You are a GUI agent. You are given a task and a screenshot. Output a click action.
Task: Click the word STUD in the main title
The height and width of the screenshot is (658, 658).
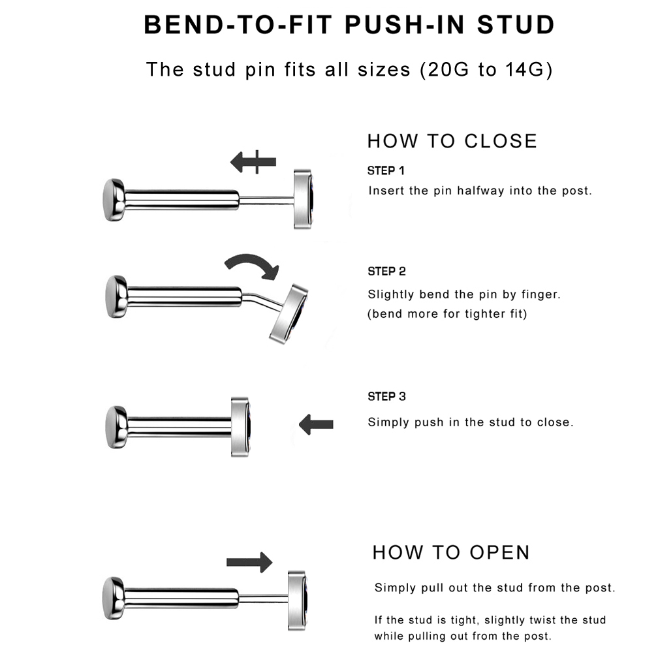point(516,25)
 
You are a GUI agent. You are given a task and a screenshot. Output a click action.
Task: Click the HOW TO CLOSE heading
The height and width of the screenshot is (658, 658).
point(452,141)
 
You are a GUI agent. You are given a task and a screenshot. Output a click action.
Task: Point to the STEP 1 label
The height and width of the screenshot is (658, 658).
point(386,171)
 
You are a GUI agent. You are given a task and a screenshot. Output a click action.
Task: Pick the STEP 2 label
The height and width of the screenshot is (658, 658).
point(386,272)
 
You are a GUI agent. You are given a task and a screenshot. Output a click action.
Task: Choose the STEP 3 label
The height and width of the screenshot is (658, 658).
point(386,397)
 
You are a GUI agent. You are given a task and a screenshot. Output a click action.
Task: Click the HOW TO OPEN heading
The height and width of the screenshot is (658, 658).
point(451,553)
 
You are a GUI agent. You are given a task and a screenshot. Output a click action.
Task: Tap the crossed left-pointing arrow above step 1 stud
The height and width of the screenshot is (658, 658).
point(253,162)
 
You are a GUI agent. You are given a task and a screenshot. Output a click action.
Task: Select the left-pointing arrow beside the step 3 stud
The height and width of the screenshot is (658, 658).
point(316,425)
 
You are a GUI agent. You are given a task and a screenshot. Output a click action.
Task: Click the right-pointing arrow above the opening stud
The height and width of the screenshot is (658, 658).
point(249,562)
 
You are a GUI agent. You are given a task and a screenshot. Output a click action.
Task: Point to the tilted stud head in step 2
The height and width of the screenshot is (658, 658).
point(289,314)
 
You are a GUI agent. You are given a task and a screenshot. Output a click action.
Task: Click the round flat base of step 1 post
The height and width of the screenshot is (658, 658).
point(114,200)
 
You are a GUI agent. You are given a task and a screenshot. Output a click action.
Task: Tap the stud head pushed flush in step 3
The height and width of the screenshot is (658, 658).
point(240,427)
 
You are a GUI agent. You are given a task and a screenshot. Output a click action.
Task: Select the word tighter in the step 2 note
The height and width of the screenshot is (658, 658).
point(484,314)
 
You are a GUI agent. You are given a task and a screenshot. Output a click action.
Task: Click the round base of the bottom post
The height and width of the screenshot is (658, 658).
point(114,599)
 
